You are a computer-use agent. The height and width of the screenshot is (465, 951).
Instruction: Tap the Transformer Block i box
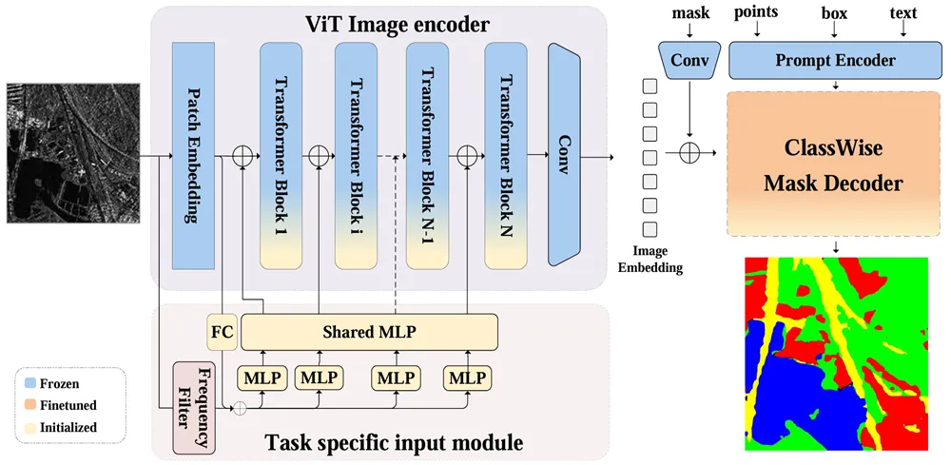coord(355,154)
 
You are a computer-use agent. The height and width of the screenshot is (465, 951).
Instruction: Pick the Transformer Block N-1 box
coord(429,154)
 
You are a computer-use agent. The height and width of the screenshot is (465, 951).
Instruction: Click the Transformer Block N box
coord(507,154)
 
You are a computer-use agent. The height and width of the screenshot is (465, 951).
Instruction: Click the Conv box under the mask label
coord(689,60)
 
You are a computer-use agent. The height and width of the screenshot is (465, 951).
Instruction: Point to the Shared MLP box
coord(369,332)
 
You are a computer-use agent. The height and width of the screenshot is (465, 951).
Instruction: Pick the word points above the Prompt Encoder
coord(756,11)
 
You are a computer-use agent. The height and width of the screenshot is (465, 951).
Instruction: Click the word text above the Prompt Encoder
coord(903,13)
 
